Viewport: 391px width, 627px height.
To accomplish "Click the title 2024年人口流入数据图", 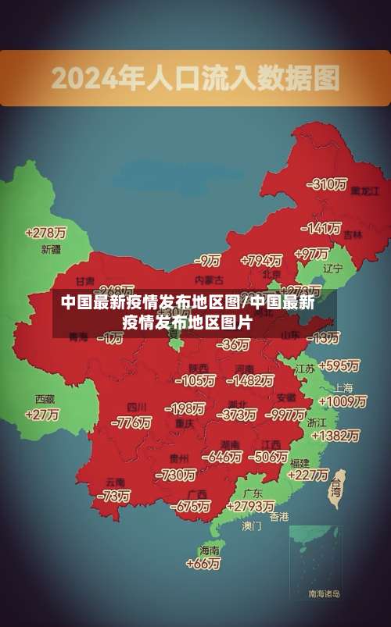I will pos(195,78).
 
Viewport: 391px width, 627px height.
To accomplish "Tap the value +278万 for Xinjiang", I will pos(46,233).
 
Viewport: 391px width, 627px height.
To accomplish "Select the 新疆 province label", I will pos(51,250).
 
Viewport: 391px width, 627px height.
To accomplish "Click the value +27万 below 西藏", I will pos(42,415).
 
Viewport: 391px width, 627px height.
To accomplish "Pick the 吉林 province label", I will pos(353,234).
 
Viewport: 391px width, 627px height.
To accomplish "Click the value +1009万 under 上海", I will pos(342,401).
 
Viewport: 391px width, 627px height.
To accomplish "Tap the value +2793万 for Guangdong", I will pos(247,507).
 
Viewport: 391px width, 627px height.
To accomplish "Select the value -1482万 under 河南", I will pos(249,380).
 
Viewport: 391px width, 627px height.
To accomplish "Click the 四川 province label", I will pos(137,408).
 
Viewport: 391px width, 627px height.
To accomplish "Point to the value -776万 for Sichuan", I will pos(131,422).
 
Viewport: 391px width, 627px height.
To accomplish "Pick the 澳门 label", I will pos(252,526).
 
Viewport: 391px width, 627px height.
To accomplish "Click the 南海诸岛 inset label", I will pos(324,594).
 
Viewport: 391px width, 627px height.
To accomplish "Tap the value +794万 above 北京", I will pos(261,260).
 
